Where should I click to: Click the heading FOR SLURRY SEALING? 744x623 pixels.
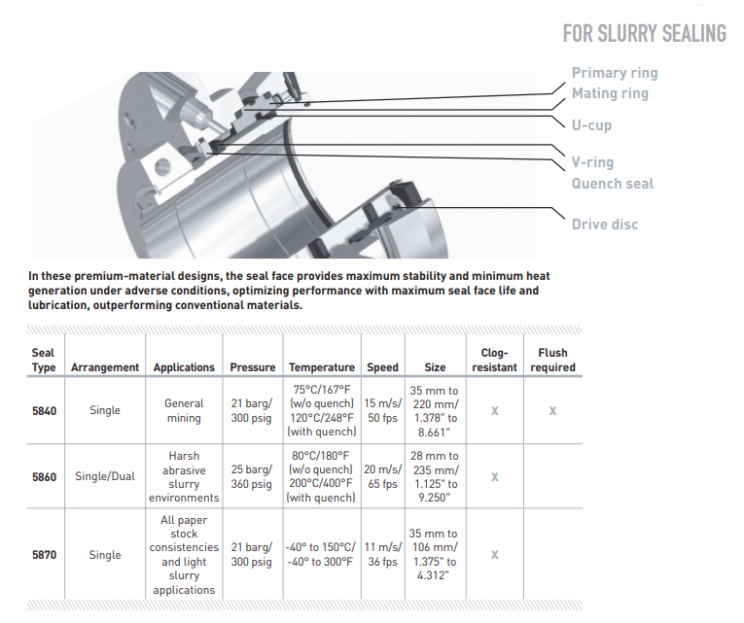click(644, 34)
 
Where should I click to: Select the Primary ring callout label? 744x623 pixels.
click(614, 73)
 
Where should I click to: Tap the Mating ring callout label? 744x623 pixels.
click(610, 93)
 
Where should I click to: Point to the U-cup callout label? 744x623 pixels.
click(591, 125)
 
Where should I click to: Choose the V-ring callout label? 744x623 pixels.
click(592, 162)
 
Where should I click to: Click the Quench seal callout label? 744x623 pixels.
click(612, 184)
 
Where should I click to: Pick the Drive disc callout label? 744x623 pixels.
click(605, 225)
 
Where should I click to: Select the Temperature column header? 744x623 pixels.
click(321, 367)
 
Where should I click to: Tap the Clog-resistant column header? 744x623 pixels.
click(494, 360)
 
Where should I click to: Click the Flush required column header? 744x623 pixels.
click(552, 360)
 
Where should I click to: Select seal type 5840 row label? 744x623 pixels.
click(45, 411)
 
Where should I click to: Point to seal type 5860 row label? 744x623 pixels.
click(45, 477)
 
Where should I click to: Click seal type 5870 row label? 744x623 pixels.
click(45, 555)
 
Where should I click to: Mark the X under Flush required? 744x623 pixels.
click(552, 411)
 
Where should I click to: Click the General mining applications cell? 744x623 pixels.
click(184, 411)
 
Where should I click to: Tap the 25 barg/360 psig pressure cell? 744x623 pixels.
click(252, 477)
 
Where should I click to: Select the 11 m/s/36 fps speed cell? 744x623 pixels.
click(382, 555)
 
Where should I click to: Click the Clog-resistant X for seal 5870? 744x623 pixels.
click(494, 555)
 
